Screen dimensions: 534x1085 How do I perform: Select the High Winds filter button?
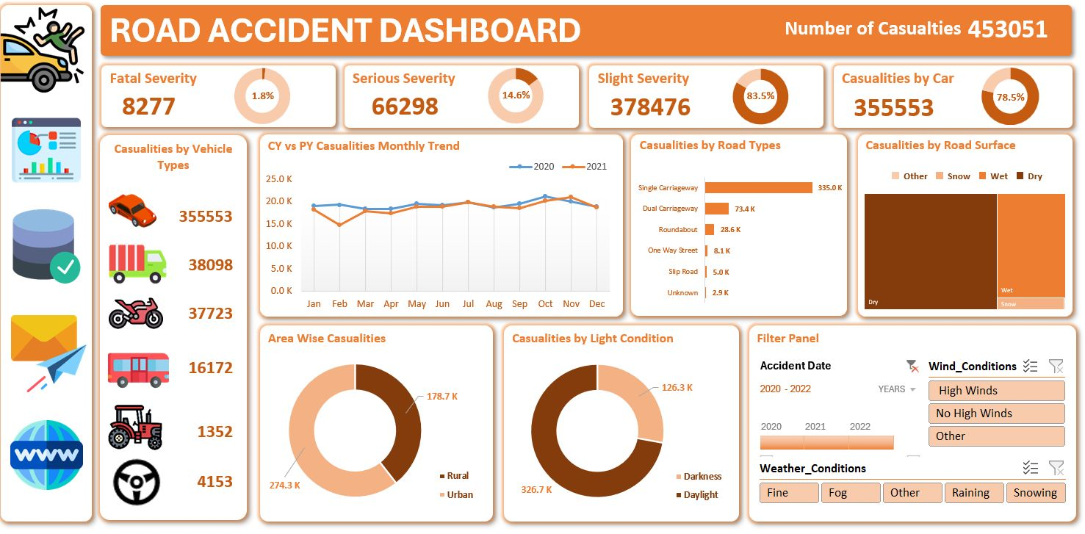pos(996,391)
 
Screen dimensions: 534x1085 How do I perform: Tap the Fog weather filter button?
pos(849,493)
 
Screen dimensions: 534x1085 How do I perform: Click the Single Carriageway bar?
pos(759,187)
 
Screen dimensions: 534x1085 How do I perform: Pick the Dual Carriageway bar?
pos(717,209)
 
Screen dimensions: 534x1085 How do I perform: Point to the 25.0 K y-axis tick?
pos(279,179)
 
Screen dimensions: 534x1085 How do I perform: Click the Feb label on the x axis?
pos(339,304)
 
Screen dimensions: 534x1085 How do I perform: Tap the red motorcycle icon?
pos(135,313)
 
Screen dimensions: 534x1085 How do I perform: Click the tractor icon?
pos(135,427)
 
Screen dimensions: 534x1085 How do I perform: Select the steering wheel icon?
pos(137,482)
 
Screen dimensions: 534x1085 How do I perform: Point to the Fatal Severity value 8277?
pos(148,107)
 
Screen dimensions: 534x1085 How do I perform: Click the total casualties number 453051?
pos(1007,29)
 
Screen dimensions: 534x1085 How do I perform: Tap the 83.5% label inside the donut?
pos(760,96)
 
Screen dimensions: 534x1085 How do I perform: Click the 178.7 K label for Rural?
pos(441,397)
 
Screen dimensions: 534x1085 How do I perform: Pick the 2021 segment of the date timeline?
pos(826,442)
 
